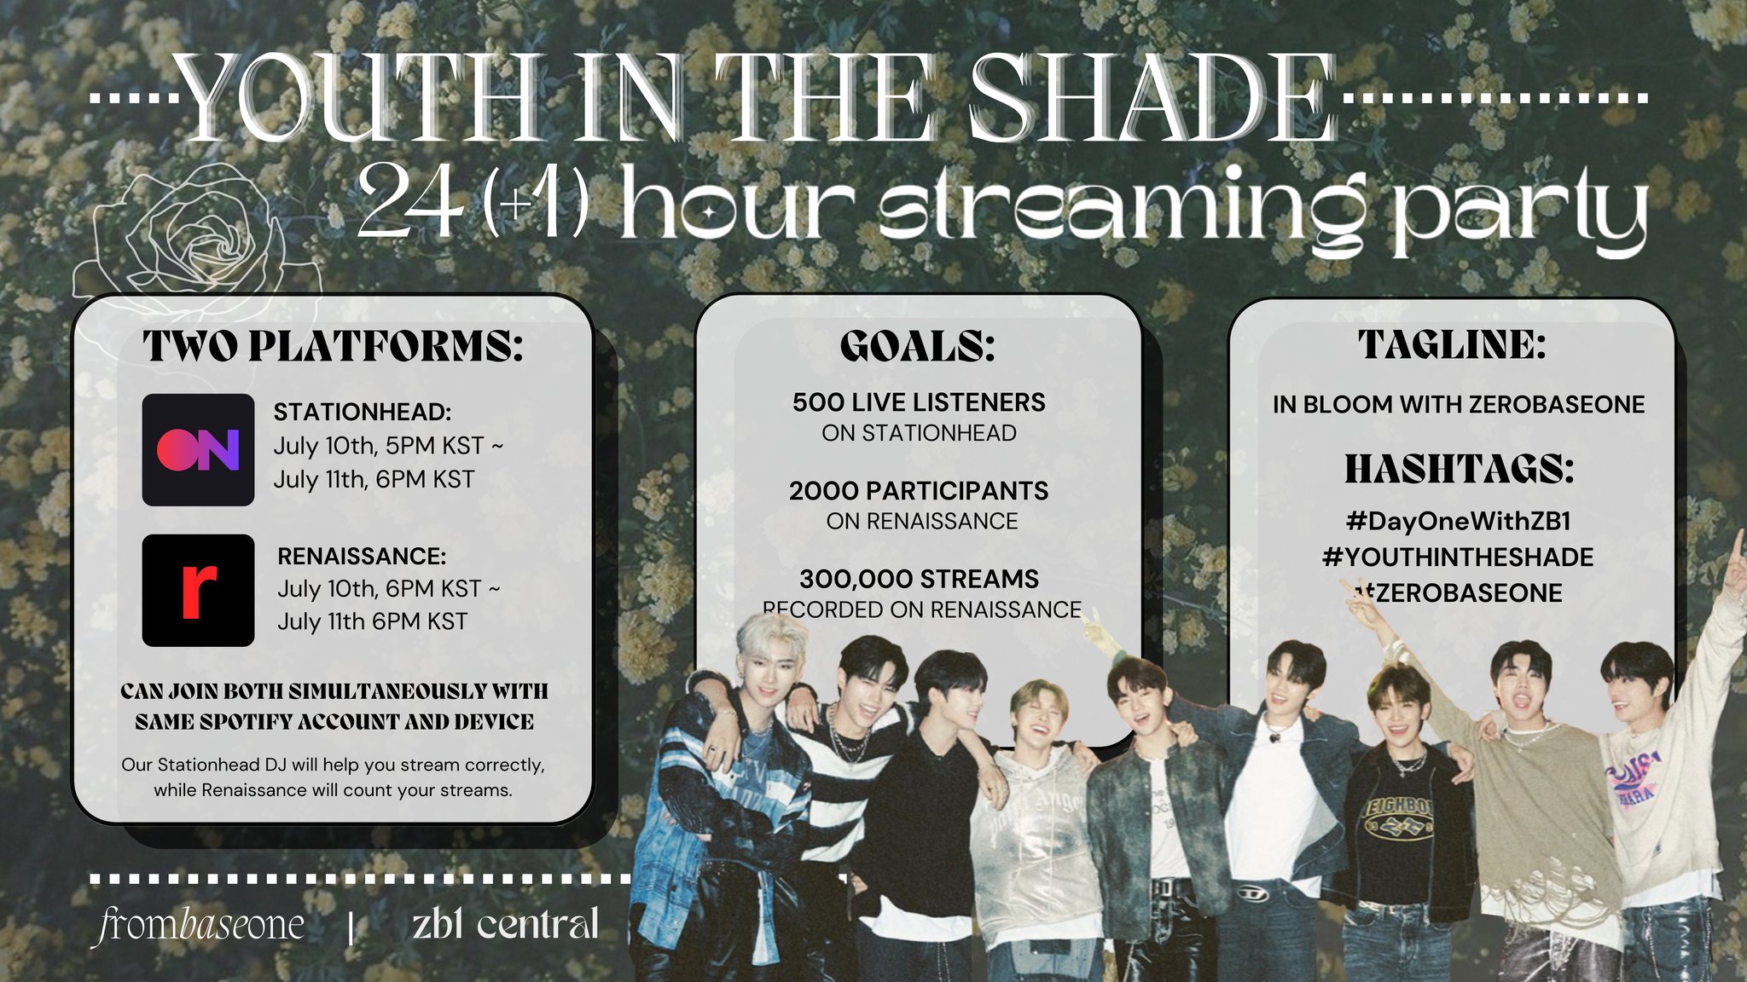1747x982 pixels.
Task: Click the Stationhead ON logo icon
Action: click(x=198, y=449)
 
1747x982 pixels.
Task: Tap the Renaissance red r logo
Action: click(x=198, y=590)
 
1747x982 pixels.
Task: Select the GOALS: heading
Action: click(x=917, y=346)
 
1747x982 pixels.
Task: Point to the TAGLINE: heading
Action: click(x=1452, y=344)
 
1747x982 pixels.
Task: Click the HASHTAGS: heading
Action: click(x=1459, y=469)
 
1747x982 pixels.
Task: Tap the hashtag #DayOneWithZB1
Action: click(x=1458, y=521)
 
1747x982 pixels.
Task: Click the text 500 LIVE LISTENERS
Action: click(x=918, y=402)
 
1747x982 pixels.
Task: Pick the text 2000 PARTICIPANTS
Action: click(x=918, y=490)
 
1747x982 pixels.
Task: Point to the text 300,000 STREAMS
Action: click(x=918, y=579)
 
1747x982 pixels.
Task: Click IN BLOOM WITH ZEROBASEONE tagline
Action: click(x=1458, y=404)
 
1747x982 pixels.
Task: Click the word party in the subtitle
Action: click(x=1518, y=213)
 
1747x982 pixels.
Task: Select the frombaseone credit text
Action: click(x=198, y=924)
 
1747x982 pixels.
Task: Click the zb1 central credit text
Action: click(x=505, y=924)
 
